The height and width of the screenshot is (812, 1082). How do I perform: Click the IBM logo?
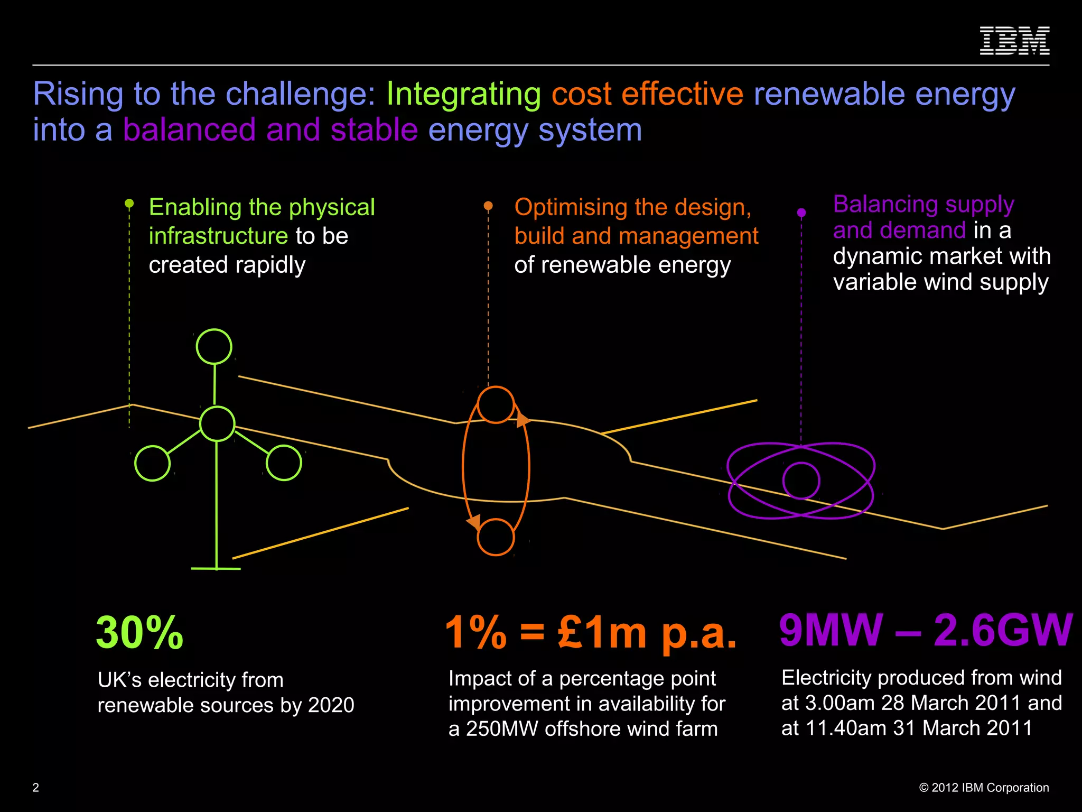pos(1014,41)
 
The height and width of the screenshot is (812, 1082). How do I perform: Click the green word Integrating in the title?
pos(463,94)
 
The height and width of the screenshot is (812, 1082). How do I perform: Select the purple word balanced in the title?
pos(190,130)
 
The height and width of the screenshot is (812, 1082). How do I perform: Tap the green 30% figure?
pos(139,633)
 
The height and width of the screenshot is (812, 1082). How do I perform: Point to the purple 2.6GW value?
pos(1003,630)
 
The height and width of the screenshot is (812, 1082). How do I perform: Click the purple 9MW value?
pos(831,630)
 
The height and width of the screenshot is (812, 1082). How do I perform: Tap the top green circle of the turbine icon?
pos(214,347)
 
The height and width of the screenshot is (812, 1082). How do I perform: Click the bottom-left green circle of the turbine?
pos(152,463)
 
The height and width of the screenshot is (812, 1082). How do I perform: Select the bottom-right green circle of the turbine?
pos(284,463)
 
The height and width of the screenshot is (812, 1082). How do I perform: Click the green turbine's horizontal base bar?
pos(216,569)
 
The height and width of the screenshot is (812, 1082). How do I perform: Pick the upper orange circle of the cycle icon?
pos(496,405)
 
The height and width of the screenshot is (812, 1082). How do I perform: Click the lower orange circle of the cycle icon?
pos(496,537)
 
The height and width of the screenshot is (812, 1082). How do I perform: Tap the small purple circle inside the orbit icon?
pos(801,481)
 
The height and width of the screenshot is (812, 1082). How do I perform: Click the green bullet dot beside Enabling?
pos(129,203)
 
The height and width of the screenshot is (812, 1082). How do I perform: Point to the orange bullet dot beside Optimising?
pos(488,206)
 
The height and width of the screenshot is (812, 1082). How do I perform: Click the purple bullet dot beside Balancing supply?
pos(801,213)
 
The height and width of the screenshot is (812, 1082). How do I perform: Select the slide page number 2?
pos(36,788)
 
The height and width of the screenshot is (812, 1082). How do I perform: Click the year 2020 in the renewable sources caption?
pos(331,705)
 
